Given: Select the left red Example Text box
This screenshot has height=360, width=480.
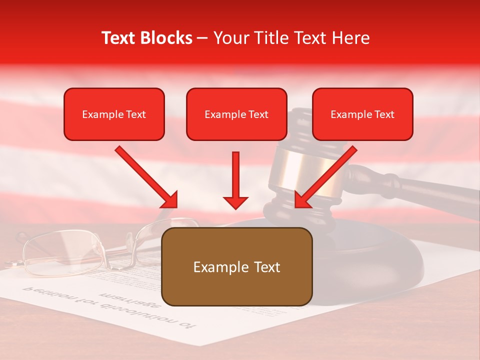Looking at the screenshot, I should click(114, 114).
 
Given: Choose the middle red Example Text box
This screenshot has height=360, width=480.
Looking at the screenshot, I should click(236, 114).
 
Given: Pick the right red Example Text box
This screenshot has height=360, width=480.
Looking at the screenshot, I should click(362, 114).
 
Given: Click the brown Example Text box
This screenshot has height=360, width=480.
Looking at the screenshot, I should click(236, 266).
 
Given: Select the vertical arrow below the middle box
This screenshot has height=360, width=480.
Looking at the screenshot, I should click(235, 180).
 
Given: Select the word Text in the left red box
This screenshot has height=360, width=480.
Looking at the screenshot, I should click(135, 114).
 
